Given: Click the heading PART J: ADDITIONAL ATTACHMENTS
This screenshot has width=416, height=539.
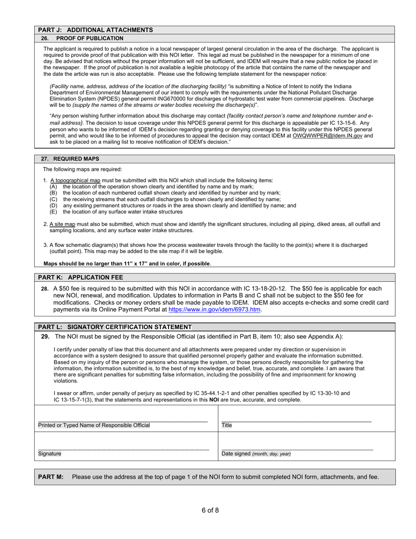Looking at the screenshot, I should (x=95, y=30).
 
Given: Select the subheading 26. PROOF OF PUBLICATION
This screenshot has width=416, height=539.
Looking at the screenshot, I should (x=82, y=39).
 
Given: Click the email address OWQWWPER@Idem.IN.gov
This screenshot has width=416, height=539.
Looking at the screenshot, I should (x=328, y=136).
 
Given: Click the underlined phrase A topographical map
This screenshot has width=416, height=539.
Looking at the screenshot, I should (x=75, y=181).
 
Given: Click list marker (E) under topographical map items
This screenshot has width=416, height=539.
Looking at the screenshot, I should (x=53, y=212).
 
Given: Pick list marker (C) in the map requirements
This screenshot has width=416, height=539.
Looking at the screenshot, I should (x=53, y=199).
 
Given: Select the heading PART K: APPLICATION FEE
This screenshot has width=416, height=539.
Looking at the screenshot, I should (x=81, y=277).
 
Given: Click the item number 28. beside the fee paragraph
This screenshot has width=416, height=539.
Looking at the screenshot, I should (x=45, y=289).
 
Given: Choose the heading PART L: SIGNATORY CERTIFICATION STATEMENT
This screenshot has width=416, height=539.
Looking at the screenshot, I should (x=115, y=327).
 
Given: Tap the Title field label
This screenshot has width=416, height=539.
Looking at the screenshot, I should (x=227, y=425).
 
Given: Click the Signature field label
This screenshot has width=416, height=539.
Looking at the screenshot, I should (x=49, y=454).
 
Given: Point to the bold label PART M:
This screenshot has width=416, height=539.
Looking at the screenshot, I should (x=51, y=477).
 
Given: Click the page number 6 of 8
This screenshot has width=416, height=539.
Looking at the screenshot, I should (x=210, y=510).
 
